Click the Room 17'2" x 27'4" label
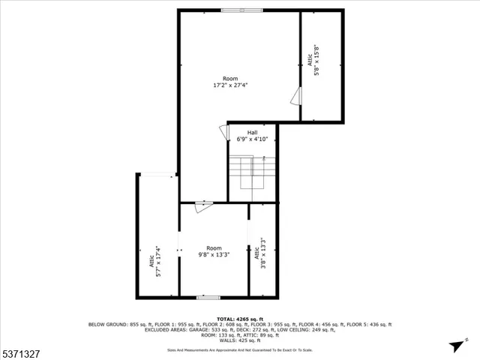pos(230,82)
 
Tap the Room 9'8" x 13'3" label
pos(214,251)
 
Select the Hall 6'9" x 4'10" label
pos(253,136)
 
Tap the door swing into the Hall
pos(223,131)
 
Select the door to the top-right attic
pos(296,97)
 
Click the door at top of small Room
pos(199,206)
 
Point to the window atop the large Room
pos(241,10)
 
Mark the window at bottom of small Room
pos(208,298)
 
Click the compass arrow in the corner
pos(455,346)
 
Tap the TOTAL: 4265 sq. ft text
pos(240,319)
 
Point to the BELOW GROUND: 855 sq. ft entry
pos(118,324)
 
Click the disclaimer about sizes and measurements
pos(240,350)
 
